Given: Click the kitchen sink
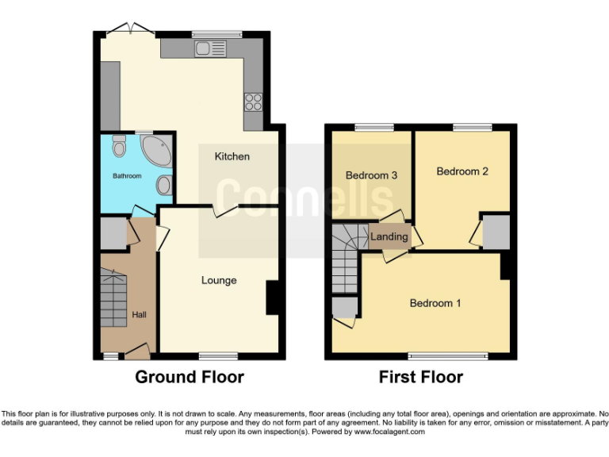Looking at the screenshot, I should (x=207, y=49).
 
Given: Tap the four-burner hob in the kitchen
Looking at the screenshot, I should (x=255, y=101).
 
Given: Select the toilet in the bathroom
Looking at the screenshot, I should (x=119, y=147).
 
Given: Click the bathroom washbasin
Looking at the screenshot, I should (x=164, y=185).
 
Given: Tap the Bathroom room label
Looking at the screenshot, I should (x=127, y=175).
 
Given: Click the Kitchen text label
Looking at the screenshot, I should (x=232, y=156).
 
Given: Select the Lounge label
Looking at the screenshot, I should (x=219, y=280).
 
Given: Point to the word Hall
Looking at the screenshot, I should (x=139, y=315).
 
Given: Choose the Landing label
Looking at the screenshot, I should (x=389, y=236).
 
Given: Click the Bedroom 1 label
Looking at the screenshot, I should (x=435, y=303).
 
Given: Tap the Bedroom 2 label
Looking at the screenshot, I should (x=462, y=171).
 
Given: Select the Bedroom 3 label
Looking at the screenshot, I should (x=371, y=175).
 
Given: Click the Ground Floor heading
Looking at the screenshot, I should (x=190, y=377).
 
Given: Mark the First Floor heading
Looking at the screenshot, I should (x=420, y=377).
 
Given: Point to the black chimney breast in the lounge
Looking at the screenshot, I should (x=271, y=298).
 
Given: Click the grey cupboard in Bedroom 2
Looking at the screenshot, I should (x=496, y=231).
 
